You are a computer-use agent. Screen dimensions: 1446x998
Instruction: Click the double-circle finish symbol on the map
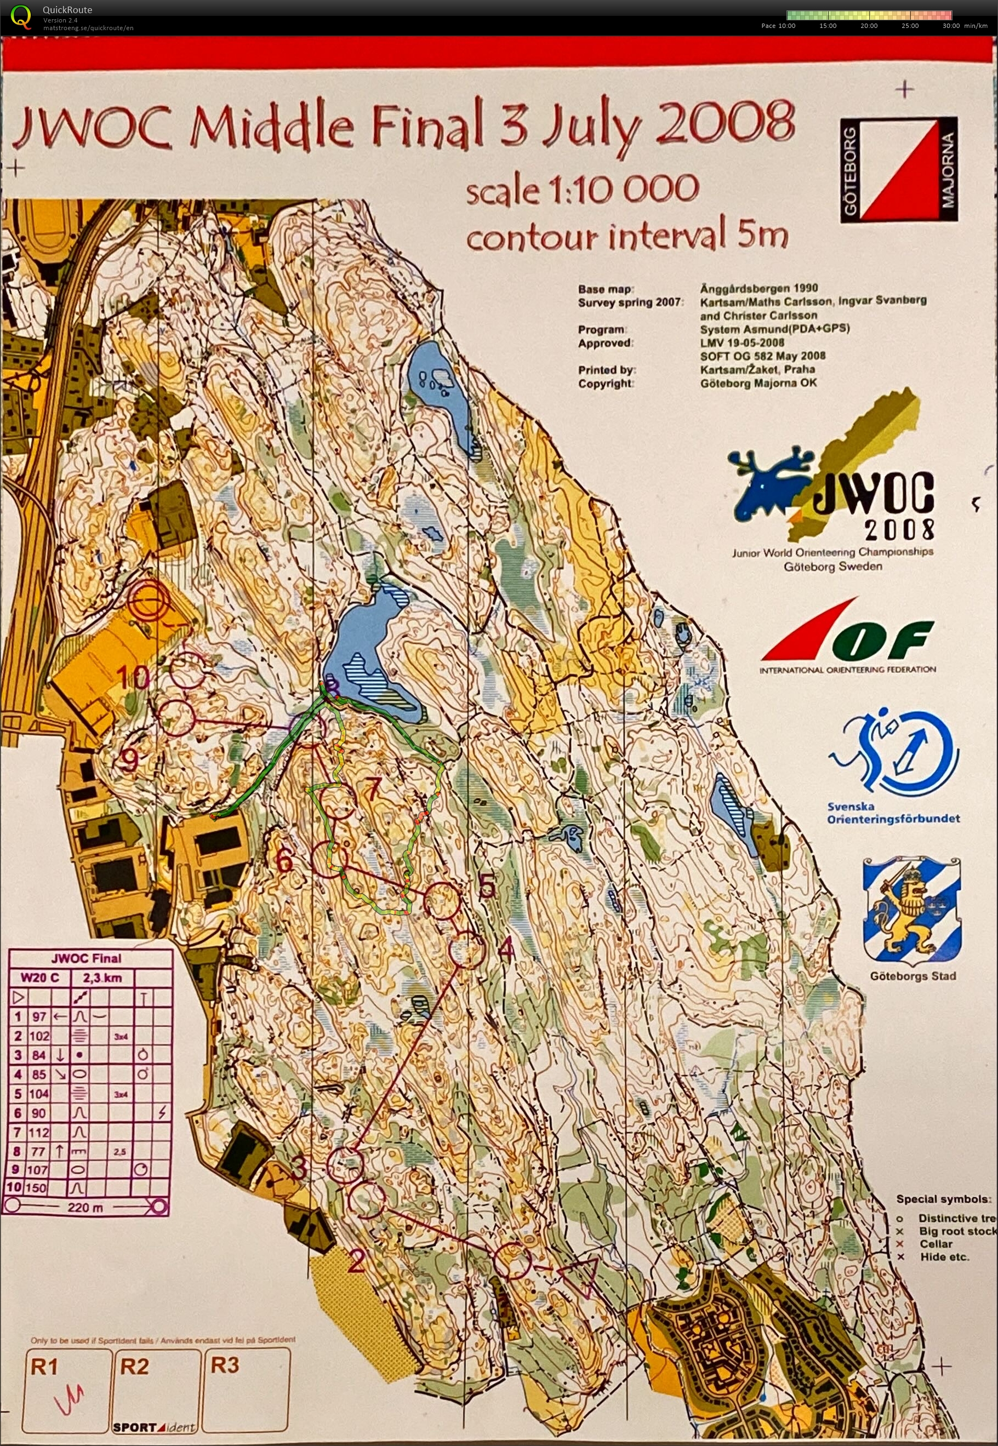[149, 599]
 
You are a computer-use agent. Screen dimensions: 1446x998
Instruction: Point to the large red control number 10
[133, 676]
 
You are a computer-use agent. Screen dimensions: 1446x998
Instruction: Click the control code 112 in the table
[39, 1132]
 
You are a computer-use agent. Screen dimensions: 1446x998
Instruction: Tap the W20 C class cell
[40, 978]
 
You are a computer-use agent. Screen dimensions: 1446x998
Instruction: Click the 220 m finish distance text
[85, 1207]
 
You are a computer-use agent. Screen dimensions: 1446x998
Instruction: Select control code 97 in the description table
[39, 1016]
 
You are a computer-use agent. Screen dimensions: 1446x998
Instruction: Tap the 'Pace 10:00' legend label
[778, 26]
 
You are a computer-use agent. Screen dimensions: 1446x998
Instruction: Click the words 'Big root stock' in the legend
[957, 1231]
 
